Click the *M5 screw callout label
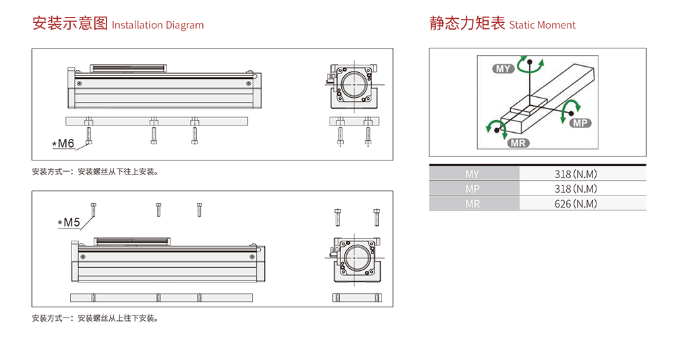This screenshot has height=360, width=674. tap(69, 222)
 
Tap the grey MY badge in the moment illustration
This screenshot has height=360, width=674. tap(503, 69)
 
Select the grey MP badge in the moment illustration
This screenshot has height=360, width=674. tap(580, 123)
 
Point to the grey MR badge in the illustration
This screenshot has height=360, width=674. tap(518, 142)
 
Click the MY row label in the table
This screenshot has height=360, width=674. tap(472, 174)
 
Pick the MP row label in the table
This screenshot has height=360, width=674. tap(472, 189)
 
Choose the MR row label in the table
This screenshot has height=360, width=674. tap(472, 204)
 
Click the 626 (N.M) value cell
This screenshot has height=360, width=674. tap(576, 204)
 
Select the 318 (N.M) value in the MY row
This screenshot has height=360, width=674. tap(576, 174)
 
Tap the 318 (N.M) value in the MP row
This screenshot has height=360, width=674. tap(576, 189)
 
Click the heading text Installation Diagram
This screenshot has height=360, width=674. tap(158, 26)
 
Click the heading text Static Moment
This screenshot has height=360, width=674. tap(542, 26)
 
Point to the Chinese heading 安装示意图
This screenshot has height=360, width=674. tap(70, 24)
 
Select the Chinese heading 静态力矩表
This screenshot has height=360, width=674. tap(467, 24)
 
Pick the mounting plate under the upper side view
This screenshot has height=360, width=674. tap(157, 121)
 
